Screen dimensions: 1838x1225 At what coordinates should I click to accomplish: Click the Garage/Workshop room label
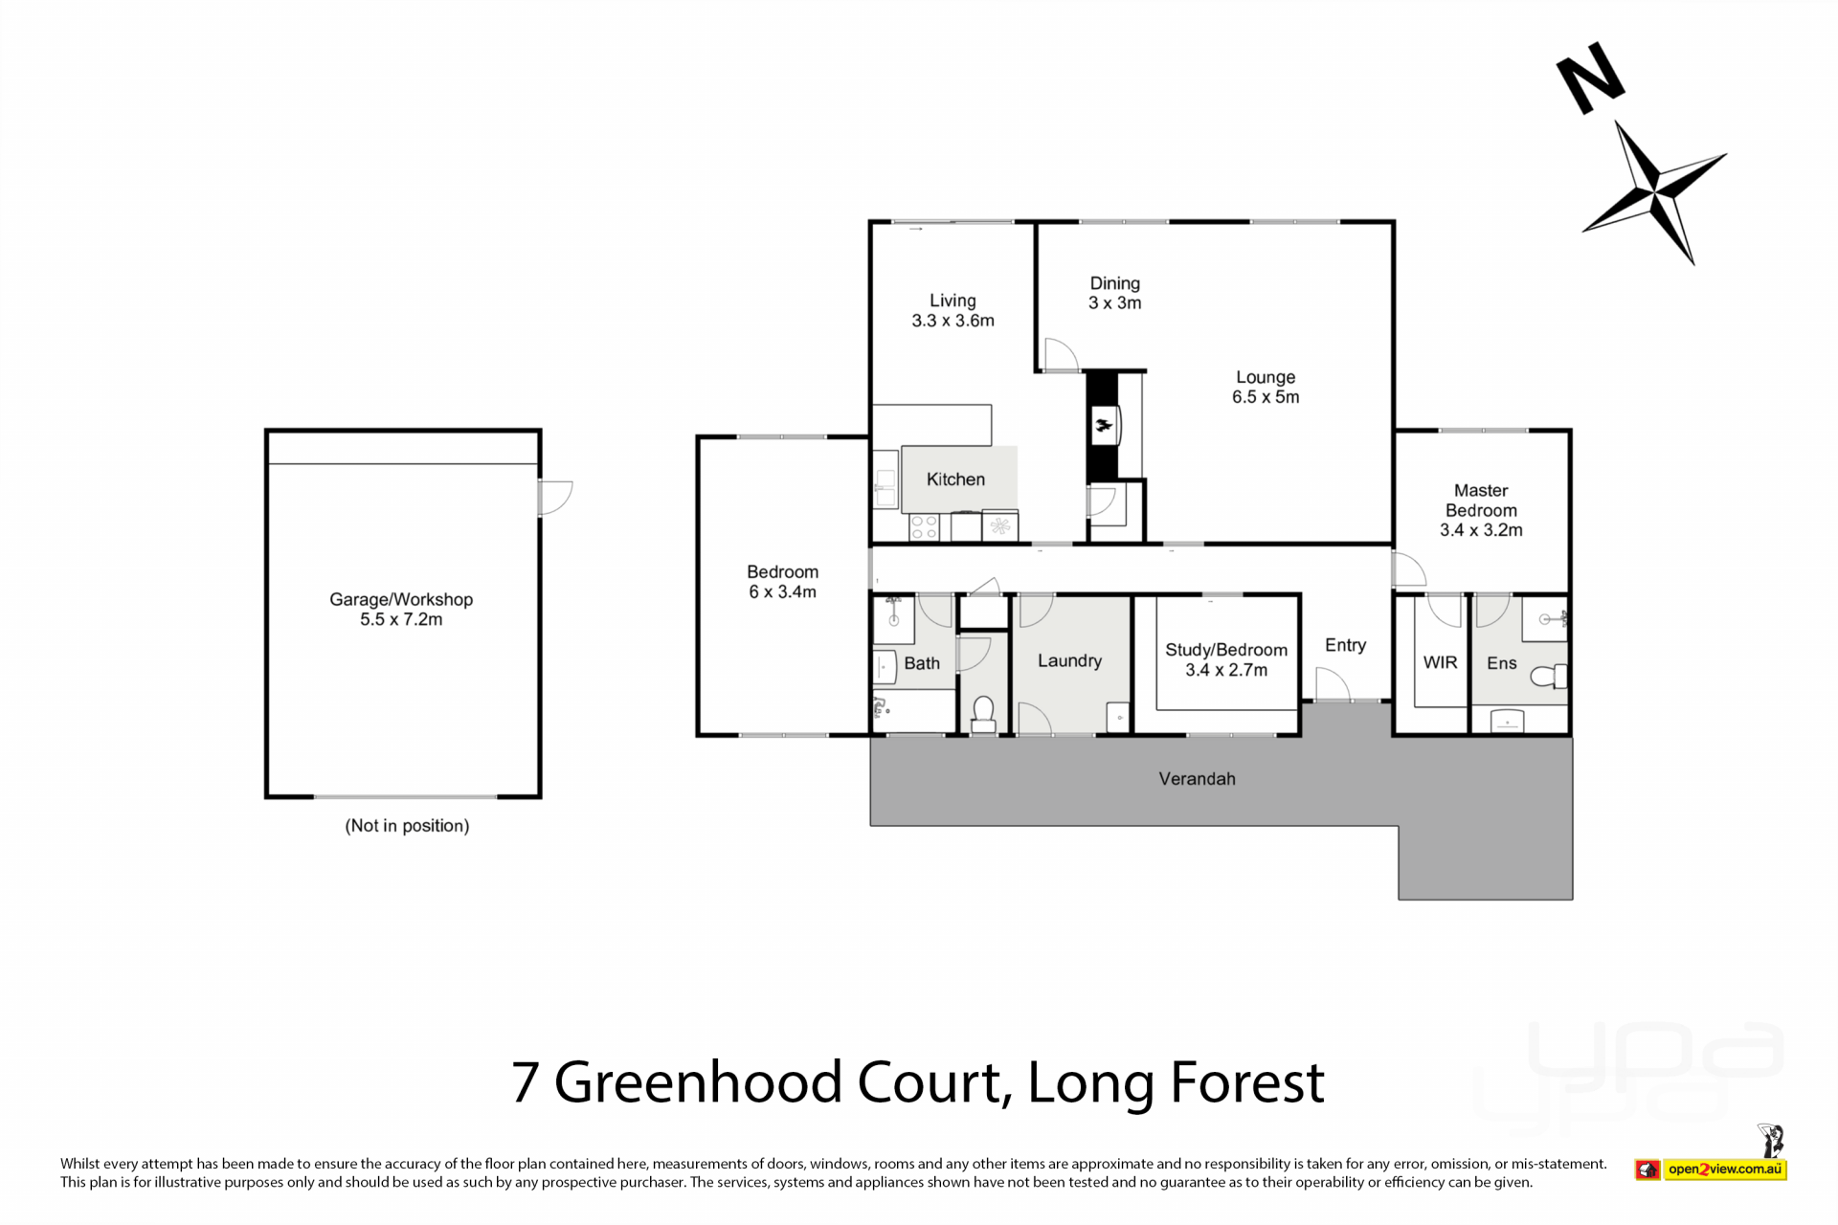click(401, 599)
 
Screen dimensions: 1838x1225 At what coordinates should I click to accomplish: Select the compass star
click(1654, 192)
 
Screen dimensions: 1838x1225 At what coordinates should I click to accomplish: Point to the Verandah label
click(1197, 779)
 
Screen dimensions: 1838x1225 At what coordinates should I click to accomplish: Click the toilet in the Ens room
click(1548, 678)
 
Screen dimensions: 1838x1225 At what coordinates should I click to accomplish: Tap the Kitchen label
click(955, 479)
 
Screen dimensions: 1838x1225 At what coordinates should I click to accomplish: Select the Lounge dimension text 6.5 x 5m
click(1266, 397)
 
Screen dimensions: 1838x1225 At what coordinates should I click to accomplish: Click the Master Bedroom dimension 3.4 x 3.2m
click(1481, 530)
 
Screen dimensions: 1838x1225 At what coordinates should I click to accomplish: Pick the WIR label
click(1440, 662)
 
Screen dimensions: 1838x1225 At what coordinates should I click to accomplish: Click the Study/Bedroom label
click(1226, 650)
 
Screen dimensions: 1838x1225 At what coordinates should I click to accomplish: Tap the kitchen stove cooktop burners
click(924, 527)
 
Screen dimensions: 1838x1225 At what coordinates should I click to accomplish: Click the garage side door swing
click(555, 498)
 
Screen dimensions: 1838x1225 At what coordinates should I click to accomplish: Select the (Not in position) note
click(407, 826)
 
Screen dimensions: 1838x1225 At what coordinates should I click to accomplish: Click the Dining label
click(1115, 283)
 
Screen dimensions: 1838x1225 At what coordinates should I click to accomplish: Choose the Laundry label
click(1069, 661)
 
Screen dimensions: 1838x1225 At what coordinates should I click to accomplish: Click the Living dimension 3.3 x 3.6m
click(953, 321)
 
